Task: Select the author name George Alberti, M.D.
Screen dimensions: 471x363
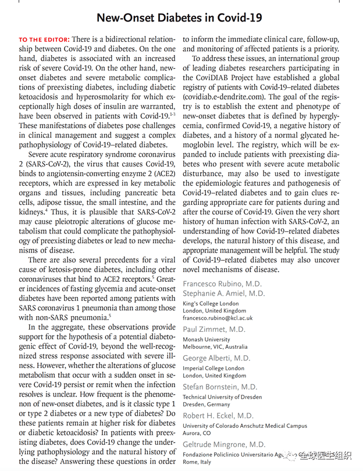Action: (x=216, y=358)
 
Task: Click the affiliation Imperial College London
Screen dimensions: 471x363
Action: (x=213, y=367)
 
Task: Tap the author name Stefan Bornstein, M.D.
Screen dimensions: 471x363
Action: (x=219, y=387)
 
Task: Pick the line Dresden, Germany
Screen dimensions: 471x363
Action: (x=207, y=404)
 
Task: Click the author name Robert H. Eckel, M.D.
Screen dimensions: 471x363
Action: (x=218, y=416)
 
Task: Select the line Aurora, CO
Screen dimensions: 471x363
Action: (x=198, y=433)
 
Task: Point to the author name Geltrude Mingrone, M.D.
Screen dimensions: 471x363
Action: (x=223, y=444)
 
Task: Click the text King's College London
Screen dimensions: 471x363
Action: (x=211, y=303)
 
